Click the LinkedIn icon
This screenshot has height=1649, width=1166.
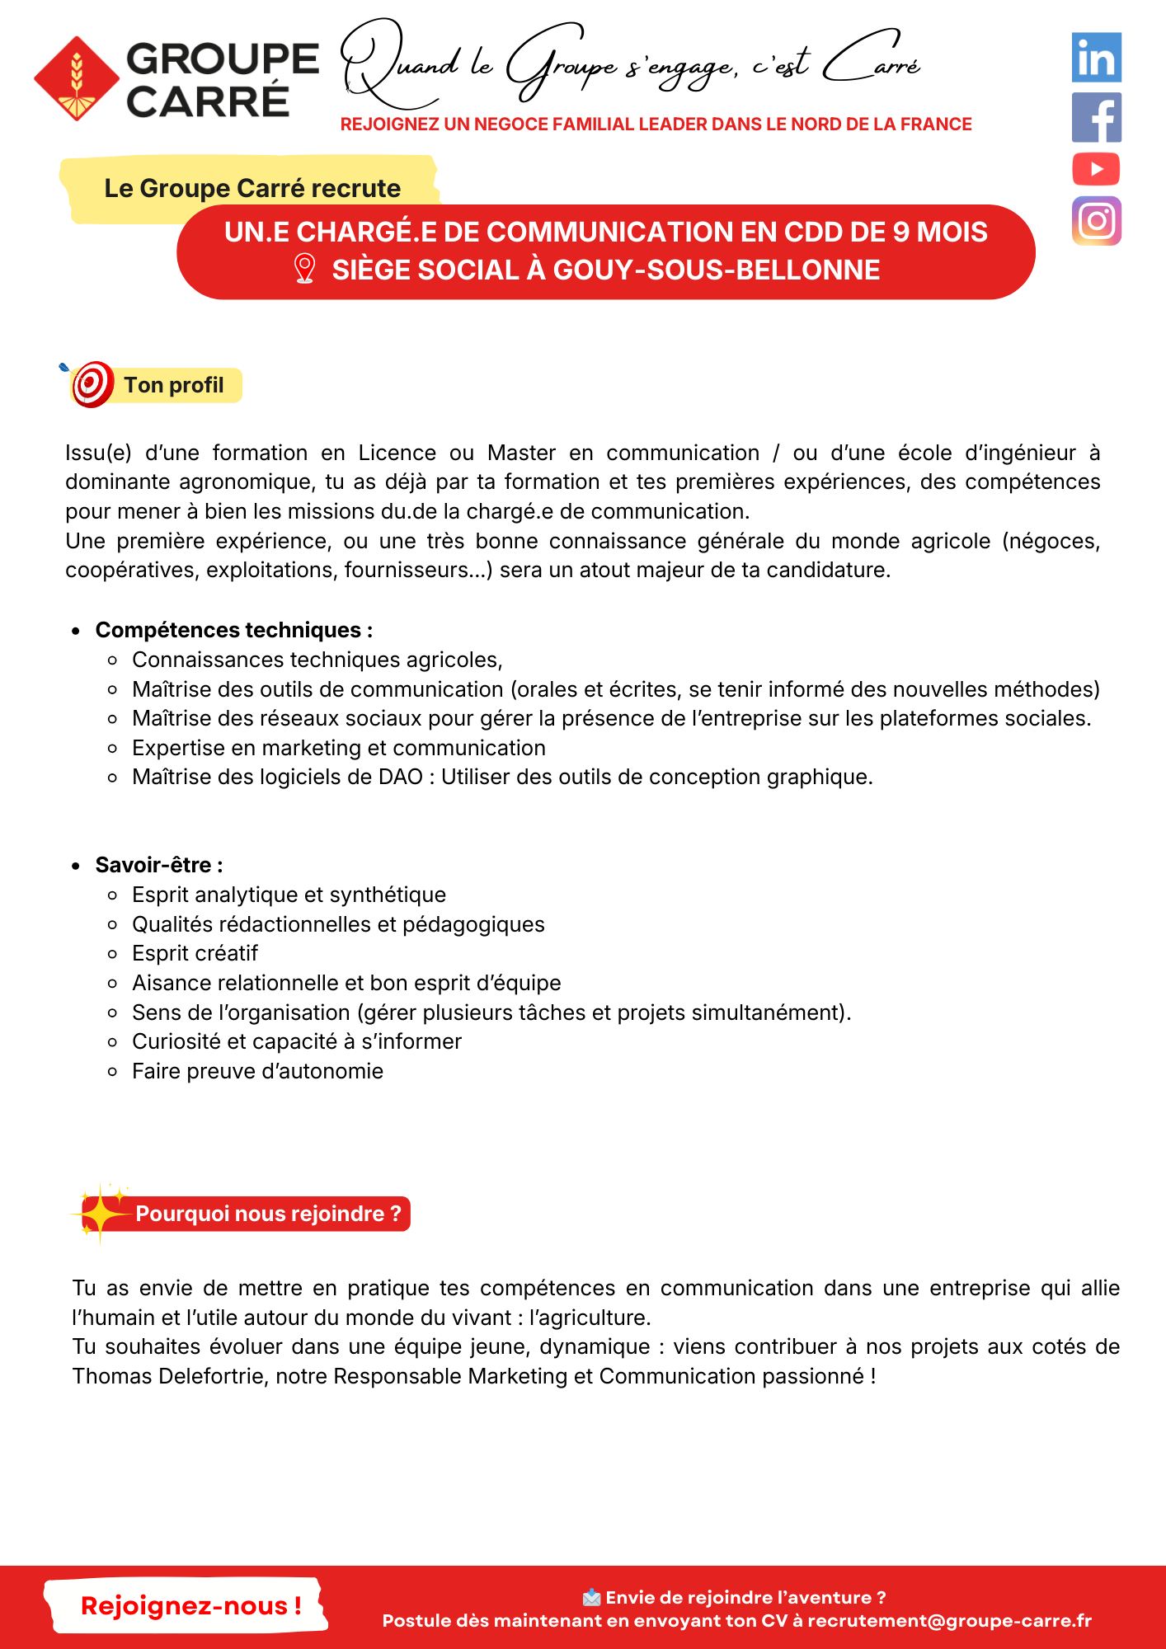pyautogui.click(x=1096, y=58)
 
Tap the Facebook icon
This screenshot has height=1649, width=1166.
pyautogui.click(x=1096, y=117)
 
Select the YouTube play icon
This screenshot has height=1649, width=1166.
pyautogui.click(x=1096, y=169)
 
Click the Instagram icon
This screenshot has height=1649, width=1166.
pyautogui.click(x=1096, y=221)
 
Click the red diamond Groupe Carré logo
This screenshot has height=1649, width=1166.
pyautogui.click(x=77, y=79)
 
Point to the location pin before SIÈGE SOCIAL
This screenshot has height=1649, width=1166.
pyautogui.click(x=304, y=269)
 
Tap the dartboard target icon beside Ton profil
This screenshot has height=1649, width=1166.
pyautogui.click(x=92, y=384)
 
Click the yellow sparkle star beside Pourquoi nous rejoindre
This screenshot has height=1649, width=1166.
pyautogui.click(x=101, y=1213)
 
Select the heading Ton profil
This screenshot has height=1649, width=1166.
pyautogui.click(x=174, y=385)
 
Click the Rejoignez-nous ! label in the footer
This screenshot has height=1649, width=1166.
pyautogui.click(x=190, y=1606)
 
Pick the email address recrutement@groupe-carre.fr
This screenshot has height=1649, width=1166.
pyautogui.click(x=949, y=1621)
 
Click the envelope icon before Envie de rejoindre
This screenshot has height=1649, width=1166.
pyautogui.click(x=591, y=1598)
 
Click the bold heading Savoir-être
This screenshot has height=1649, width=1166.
pyautogui.click(x=154, y=865)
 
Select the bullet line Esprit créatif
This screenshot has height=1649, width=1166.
pyautogui.click(x=195, y=953)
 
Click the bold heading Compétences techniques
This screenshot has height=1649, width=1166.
pyautogui.click(x=229, y=630)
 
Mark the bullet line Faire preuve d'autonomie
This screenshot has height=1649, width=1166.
pyautogui.click(x=257, y=1071)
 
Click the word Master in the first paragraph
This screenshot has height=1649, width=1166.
pyautogui.click(x=521, y=453)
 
